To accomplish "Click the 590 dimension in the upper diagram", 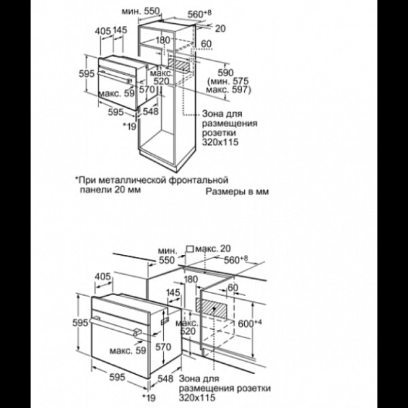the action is (225, 73).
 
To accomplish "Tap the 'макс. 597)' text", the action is (228, 90).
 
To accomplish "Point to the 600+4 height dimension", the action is (250, 324).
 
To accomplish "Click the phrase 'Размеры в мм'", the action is (237, 192).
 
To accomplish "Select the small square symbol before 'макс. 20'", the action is (190, 249).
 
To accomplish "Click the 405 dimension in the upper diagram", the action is (103, 31).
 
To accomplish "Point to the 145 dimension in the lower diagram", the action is (173, 292).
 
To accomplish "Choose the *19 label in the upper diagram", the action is (130, 126).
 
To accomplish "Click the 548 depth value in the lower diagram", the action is (165, 379).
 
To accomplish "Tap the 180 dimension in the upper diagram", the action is (163, 40).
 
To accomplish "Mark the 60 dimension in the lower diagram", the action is (233, 288).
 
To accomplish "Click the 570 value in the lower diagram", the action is (163, 347).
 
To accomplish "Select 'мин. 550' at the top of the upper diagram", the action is (140, 11).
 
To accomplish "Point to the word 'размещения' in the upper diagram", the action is (230, 123).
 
